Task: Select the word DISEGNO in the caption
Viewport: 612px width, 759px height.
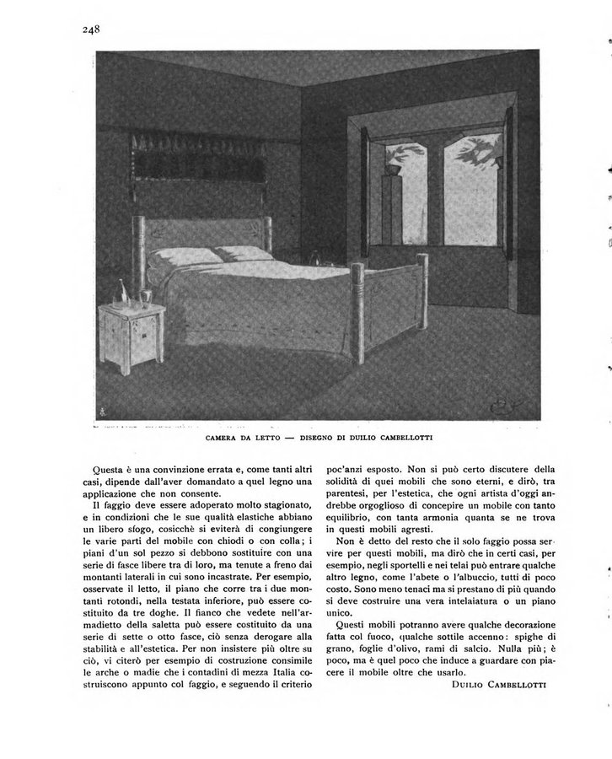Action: [x=325, y=439]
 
